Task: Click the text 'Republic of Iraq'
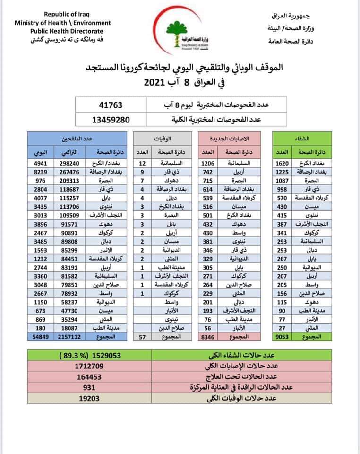coord(62,15)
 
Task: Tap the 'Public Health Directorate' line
coord(62,30)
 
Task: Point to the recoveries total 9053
coord(282,337)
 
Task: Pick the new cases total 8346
coord(210,337)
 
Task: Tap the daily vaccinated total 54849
coord(37,337)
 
